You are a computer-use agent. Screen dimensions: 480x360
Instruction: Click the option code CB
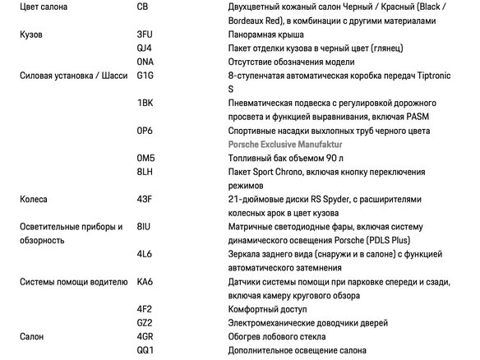144,8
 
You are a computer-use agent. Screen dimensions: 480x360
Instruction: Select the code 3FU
145,35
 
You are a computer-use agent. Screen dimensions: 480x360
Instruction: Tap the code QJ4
145,48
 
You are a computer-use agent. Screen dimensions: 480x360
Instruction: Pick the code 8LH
145,172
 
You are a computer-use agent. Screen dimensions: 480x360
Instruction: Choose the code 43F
145,199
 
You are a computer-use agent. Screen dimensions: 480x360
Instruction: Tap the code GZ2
145,323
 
